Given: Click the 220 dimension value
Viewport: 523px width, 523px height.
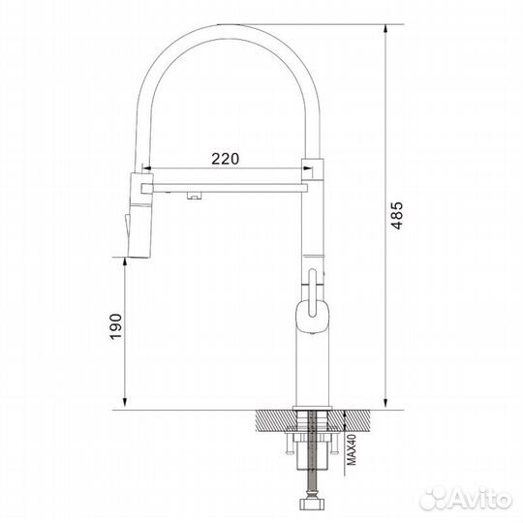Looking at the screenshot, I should [224, 158].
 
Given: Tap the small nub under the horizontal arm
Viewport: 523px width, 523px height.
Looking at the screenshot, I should [193, 198].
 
